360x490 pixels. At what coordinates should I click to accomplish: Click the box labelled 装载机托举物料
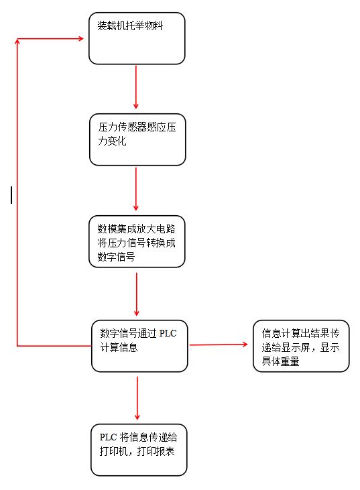point(137,38)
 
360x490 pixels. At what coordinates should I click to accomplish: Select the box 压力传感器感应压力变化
point(137,139)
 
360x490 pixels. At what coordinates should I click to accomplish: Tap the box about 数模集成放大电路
point(137,241)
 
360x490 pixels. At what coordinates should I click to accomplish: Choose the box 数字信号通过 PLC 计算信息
point(139,346)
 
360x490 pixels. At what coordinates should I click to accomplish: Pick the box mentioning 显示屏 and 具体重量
point(301,346)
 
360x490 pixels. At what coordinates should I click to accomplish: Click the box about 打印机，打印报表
point(139,450)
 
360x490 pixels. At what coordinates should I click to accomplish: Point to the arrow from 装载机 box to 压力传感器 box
point(136,87)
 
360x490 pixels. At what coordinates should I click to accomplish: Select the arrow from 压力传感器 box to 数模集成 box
point(136,189)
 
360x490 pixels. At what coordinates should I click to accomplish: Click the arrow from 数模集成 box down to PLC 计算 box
point(137,294)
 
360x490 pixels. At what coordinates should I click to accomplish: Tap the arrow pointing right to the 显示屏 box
point(219,345)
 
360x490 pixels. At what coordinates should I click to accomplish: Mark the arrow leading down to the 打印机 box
point(137,398)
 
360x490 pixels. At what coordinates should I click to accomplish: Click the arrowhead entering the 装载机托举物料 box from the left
point(81,39)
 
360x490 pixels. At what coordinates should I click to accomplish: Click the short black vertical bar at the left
point(11,195)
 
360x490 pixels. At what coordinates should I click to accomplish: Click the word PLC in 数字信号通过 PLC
point(168,333)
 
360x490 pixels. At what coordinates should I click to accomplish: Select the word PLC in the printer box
point(108,437)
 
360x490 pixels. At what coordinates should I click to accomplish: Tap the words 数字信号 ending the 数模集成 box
point(116,257)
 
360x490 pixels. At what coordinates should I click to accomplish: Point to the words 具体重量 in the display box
point(280,361)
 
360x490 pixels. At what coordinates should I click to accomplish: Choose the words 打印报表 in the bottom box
point(156,451)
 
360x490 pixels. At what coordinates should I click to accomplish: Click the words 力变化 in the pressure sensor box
point(112,141)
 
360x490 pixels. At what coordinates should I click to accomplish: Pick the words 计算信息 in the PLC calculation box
point(119,347)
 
